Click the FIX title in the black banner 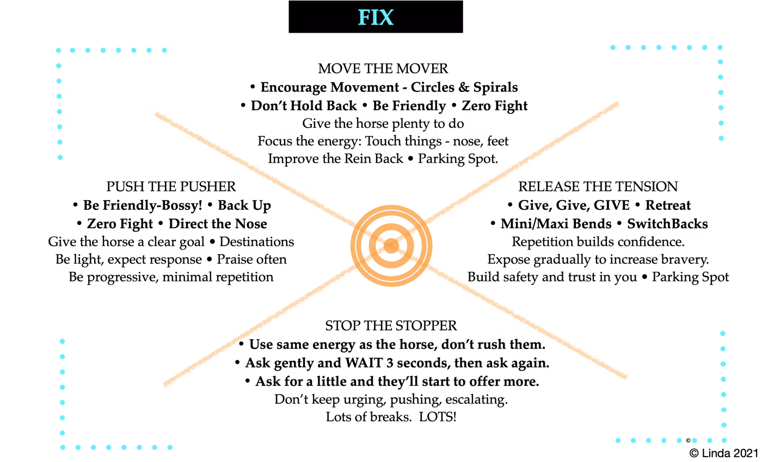[376, 17]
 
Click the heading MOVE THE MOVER [383, 68]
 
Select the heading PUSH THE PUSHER [171, 186]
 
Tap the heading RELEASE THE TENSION [598, 186]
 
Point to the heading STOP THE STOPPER [391, 326]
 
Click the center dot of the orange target [391, 246]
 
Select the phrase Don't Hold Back [304, 105]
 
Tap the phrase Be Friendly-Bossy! [143, 205]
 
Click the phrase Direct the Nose [218, 224]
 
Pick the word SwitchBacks [667, 224]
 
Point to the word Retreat [668, 205]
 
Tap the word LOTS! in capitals [438, 417]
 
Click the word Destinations [256, 242]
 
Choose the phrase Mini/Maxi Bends [556, 224]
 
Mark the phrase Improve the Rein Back [335, 159]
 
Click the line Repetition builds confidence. [598, 242]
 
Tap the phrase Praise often [251, 260]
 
